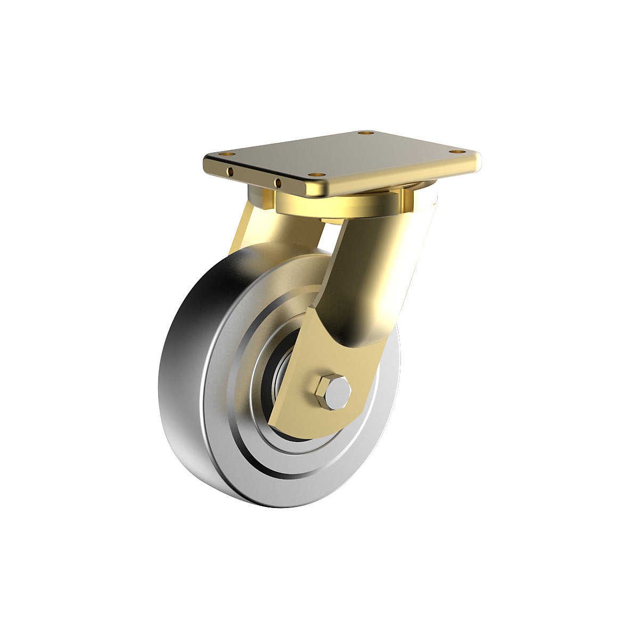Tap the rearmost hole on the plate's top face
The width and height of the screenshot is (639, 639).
click(364, 133)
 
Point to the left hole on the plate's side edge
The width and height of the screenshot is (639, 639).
click(230, 171)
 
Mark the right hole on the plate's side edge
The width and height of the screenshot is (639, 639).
click(277, 183)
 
